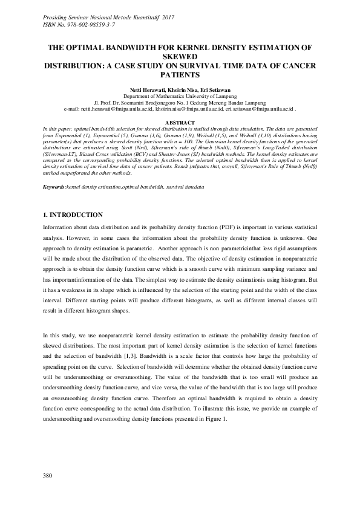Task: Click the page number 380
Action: pyautogui.click(x=48, y=476)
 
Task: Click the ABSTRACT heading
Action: pyautogui.click(x=180, y=123)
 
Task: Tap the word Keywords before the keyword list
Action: pyautogui.click(x=54, y=171)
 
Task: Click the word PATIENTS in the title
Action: pyautogui.click(x=180, y=76)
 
